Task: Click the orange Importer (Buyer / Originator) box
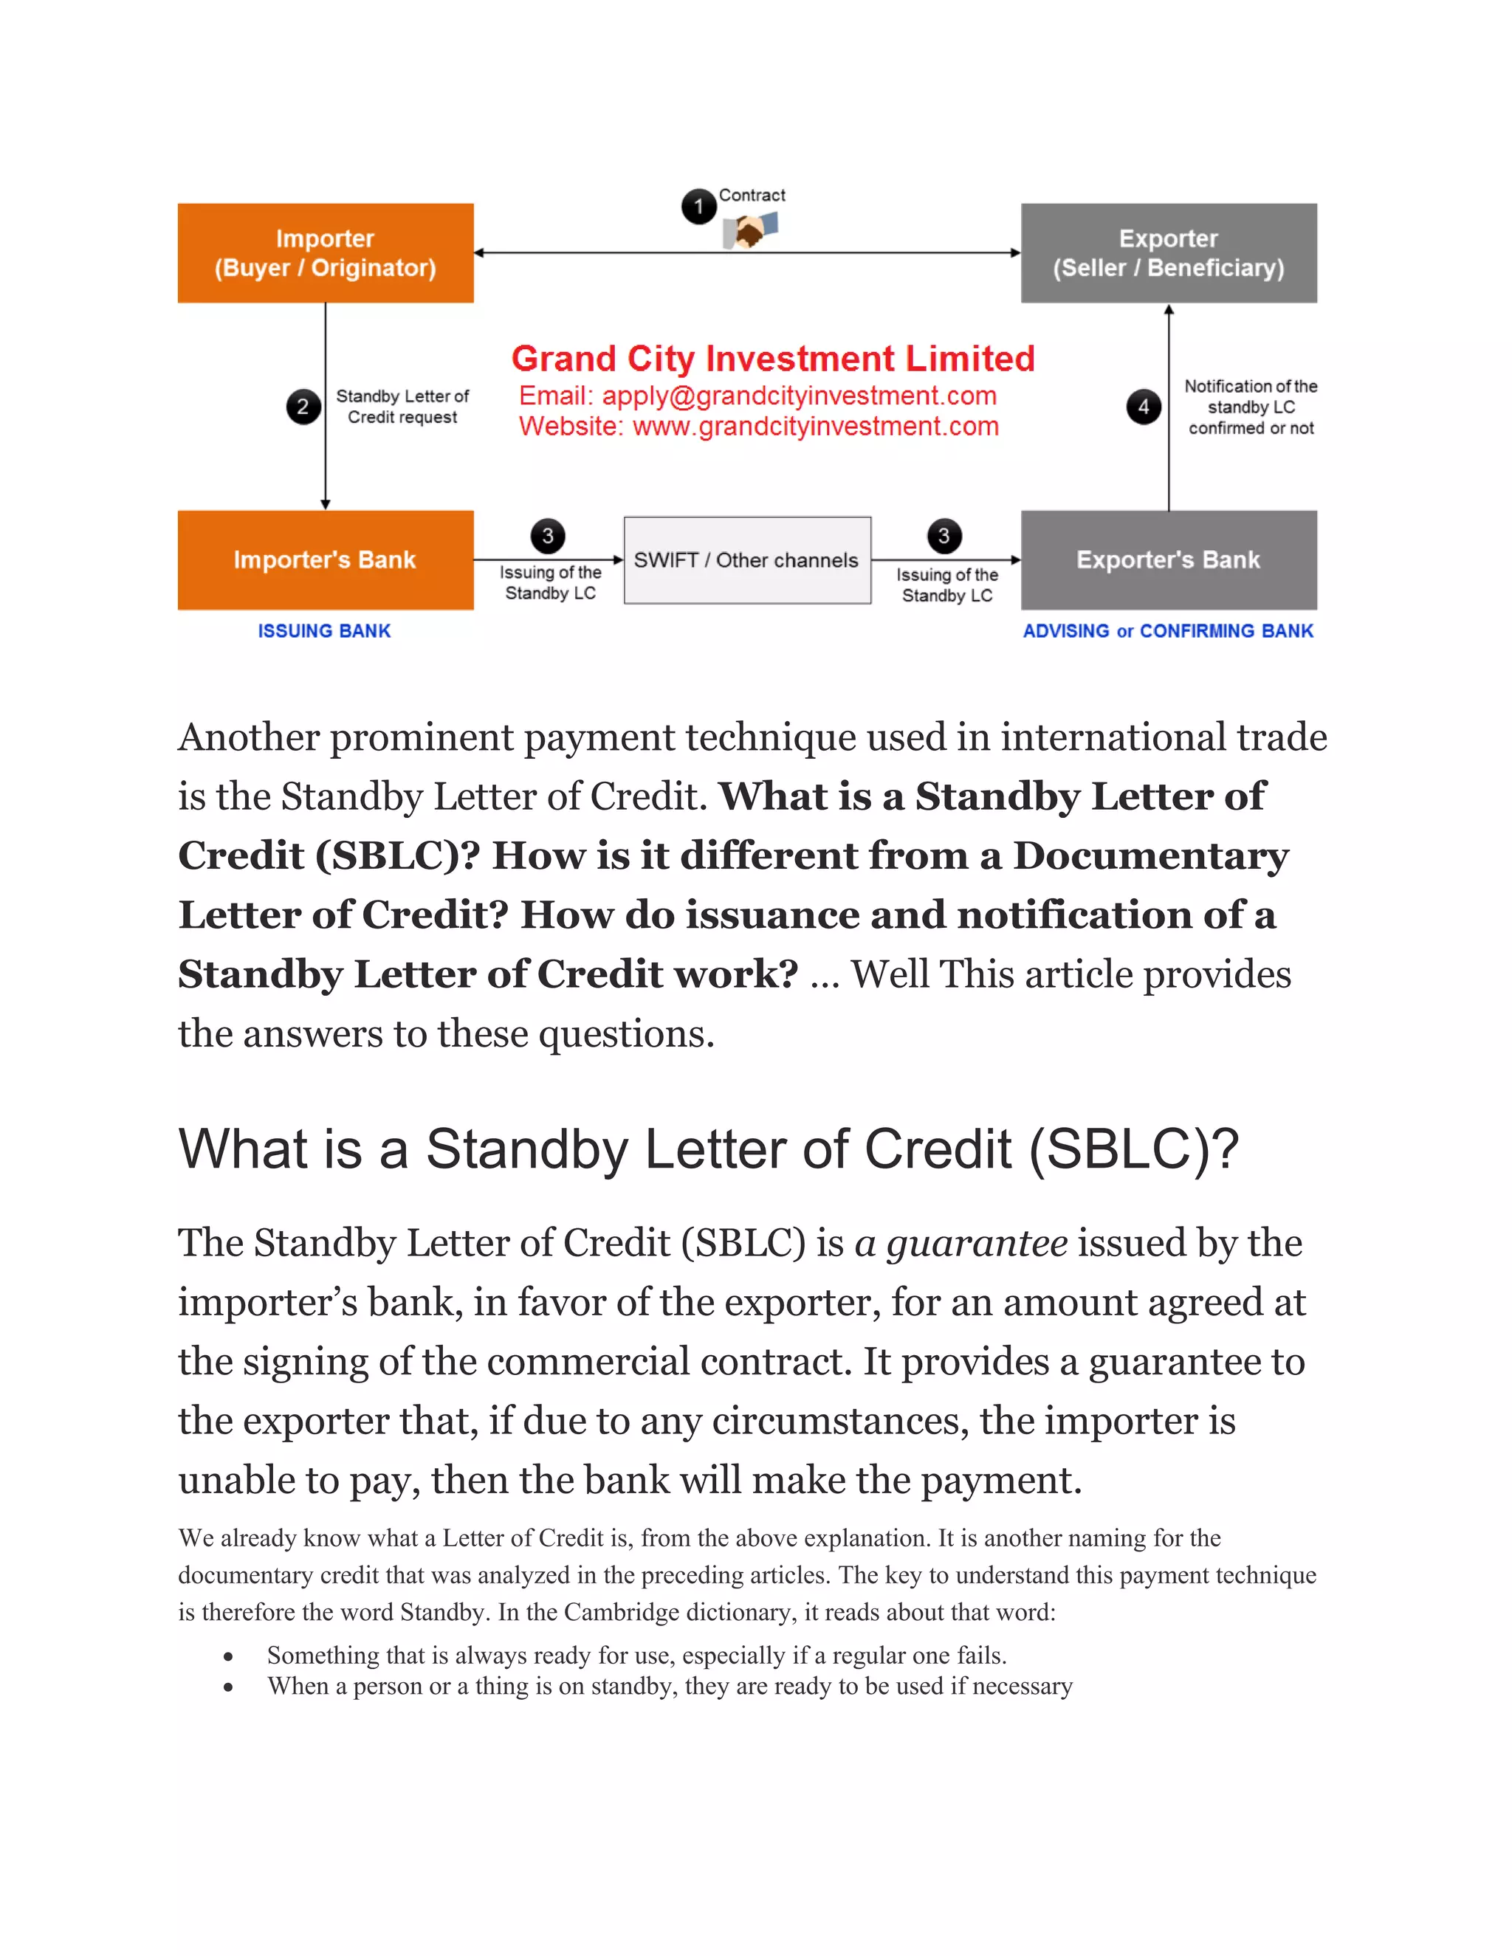point(325,252)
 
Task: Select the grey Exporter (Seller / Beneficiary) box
point(1168,252)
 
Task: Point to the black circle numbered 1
point(698,207)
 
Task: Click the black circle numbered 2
point(303,407)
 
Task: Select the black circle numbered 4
point(1143,407)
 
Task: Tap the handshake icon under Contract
point(751,233)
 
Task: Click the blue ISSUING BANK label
point(324,630)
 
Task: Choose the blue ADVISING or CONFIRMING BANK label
point(1168,630)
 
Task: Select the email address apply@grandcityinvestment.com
point(799,396)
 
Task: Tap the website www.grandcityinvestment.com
point(815,427)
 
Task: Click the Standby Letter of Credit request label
point(402,407)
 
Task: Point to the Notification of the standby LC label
point(1251,407)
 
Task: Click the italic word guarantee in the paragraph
point(976,1243)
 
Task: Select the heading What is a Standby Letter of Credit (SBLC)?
point(707,1149)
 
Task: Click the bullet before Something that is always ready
point(230,1656)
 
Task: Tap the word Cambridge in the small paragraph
point(622,1612)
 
